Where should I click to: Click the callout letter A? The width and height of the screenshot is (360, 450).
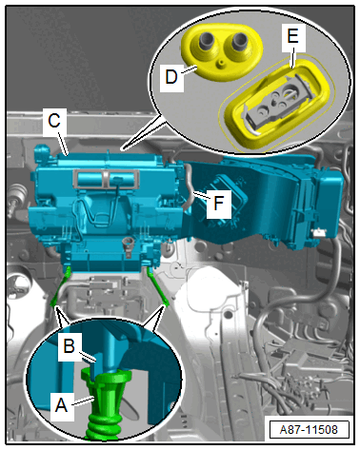coord(61,405)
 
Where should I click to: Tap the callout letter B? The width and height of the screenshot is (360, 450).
coord(69,345)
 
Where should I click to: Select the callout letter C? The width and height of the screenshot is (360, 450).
coord(54,120)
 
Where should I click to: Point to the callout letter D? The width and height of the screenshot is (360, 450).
coord(171,77)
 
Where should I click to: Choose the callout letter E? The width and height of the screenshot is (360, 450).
coord(292,35)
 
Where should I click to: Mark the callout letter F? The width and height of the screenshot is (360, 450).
coord(218,203)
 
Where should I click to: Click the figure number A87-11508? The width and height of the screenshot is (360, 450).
coord(309,430)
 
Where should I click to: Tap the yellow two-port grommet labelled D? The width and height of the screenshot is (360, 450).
coord(221,51)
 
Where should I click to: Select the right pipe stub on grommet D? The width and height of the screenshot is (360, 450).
coord(238,41)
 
